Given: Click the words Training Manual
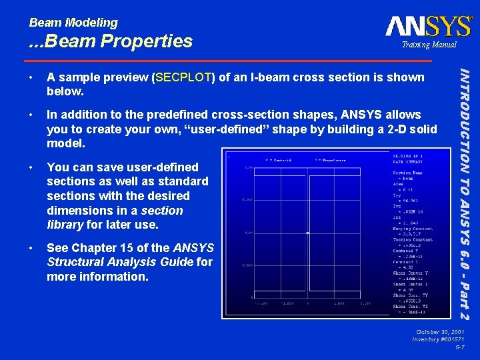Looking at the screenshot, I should click(428, 45).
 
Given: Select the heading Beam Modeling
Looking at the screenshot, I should click(73, 22).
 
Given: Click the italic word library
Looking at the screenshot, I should click(67, 225).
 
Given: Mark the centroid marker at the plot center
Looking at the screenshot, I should click(307, 233).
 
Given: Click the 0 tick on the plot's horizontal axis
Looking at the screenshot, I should click(308, 302).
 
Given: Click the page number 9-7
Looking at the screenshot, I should click(459, 347).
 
